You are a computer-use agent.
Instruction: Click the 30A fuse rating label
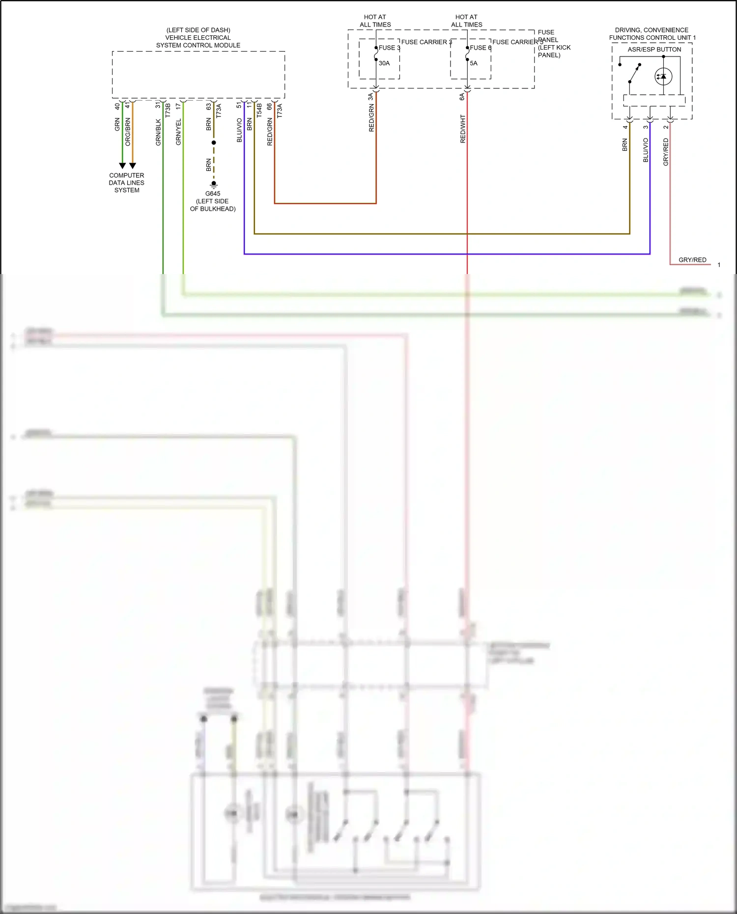pos(384,63)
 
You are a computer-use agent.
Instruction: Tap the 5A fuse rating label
pos(474,63)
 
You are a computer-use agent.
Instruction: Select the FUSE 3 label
pos(390,48)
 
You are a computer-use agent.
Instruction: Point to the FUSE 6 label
pos(481,48)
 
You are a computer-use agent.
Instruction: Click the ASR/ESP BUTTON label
pos(654,50)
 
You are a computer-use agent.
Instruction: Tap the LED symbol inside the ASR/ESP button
pos(663,77)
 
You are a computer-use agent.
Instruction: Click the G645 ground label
pos(213,194)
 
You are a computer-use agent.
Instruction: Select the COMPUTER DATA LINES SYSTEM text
pos(127,183)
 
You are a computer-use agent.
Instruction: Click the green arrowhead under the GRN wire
pos(122,166)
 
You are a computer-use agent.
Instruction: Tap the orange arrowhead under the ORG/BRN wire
pos(133,166)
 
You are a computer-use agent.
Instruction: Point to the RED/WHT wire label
pos(463,129)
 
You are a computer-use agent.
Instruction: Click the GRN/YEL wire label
pos(178,132)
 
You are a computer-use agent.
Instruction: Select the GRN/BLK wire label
pos(158,132)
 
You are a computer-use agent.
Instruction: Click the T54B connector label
pos(259,110)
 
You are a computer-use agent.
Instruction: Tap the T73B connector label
pos(168,110)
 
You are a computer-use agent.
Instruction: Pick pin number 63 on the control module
pos(209,106)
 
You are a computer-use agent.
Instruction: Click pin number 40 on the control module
pos(117,106)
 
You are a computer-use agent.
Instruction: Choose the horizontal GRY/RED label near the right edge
pos(692,260)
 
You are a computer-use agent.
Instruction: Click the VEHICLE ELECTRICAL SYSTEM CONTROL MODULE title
pos(198,38)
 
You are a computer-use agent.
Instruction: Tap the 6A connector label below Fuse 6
pos(462,97)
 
